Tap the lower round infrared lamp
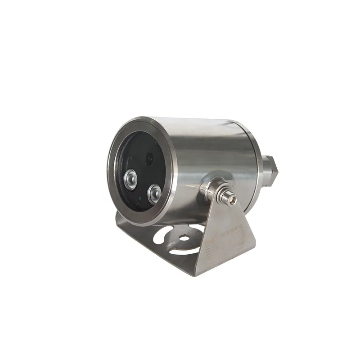point(154,193)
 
